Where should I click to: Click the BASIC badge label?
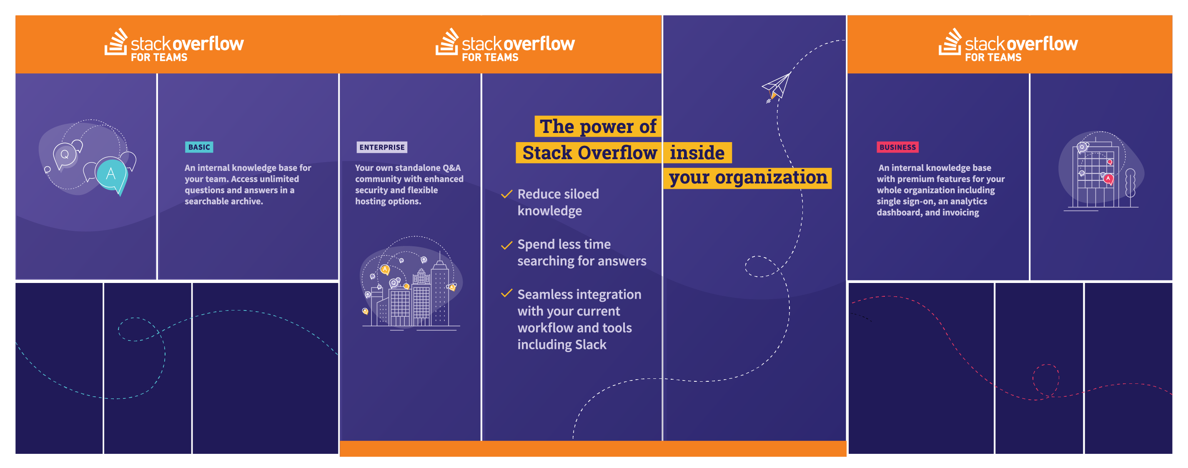[199, 147]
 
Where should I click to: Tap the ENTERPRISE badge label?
[382, 147]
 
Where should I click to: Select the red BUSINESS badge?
[897, 147]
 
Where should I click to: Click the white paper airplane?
[777, 87]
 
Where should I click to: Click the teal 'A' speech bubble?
[112, 175]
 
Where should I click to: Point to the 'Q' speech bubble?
[65, 155]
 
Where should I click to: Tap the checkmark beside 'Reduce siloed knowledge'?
[507, 194]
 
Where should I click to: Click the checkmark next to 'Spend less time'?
[507, 245]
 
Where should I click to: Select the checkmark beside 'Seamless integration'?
[507, 293]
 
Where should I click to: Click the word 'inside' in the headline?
[697, 153]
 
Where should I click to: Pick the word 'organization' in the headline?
[771, 178]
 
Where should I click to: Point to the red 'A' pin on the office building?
[1108, 179]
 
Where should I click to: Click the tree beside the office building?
[1130, 188]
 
